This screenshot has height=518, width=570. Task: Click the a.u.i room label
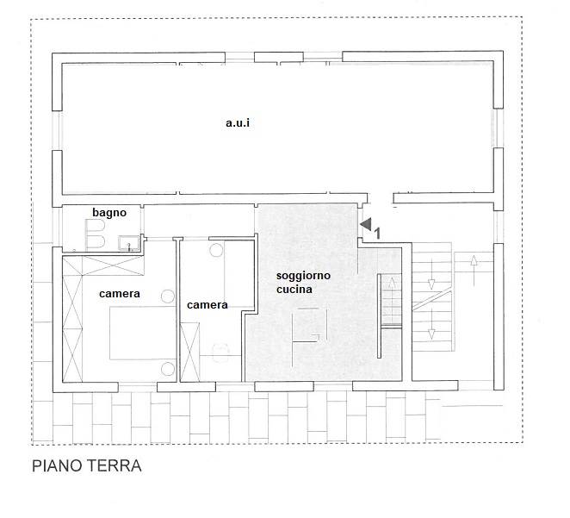(238, 123)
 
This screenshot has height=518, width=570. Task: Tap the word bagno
(109, 212)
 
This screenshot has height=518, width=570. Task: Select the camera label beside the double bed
(119, 294)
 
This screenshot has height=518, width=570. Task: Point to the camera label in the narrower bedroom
(208, 305)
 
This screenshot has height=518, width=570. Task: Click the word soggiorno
(303, 276)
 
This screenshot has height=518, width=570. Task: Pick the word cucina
(294, 290)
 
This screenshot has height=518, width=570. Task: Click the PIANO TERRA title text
(86, 466)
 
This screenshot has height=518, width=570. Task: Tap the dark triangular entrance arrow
(367, 224)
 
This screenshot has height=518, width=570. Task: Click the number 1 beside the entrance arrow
(377, 234)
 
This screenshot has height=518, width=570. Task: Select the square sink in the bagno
(128, 243)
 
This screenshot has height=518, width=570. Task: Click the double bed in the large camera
(143, 333)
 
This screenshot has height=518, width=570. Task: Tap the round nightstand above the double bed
(168, 296)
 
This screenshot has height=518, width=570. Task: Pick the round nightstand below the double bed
(168, 369)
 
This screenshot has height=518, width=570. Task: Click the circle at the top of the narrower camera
(216, 250)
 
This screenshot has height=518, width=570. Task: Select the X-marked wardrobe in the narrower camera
(189, 353)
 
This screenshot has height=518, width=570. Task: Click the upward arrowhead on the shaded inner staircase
(392, 283)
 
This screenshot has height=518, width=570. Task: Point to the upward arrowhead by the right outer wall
(474, 259)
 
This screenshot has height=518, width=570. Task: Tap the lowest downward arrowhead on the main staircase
(431, 334)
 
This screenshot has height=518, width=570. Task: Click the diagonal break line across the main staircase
(432, 301)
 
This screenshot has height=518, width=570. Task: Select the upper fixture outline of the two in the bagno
(96, 226)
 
